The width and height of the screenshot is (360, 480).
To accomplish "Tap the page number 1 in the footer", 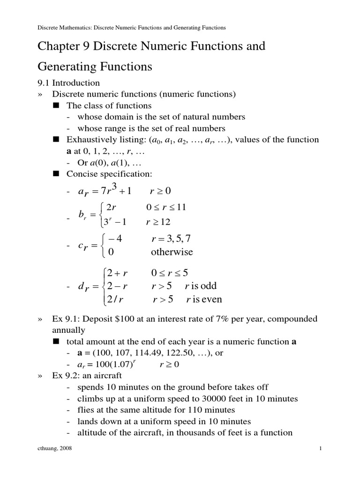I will pos(320,449).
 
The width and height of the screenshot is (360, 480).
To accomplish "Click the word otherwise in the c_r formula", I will pos(172,252).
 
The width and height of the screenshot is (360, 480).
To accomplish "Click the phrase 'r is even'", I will pos(204,299).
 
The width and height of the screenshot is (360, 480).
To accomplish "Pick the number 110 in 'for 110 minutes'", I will pos(200,410).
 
